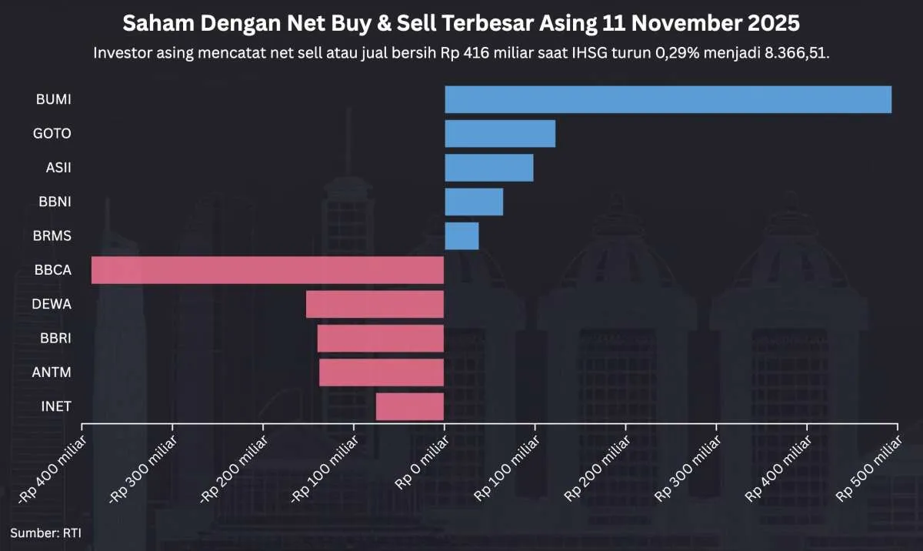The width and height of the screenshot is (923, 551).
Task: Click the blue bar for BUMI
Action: point(668,99)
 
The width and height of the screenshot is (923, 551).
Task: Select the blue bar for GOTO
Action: point(500,134)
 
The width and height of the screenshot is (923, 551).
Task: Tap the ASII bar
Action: point(489,168)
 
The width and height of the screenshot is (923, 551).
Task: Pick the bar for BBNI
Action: point(474,202)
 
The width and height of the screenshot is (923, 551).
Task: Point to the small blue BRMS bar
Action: point(461,235)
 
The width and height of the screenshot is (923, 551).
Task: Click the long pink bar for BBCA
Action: point(268,270)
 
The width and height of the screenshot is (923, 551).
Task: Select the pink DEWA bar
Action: point(375,304)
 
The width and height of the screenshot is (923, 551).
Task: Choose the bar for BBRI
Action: point(381,339)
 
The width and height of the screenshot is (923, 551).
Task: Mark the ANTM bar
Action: point(382,372)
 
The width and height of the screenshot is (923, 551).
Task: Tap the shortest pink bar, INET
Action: point(410,406)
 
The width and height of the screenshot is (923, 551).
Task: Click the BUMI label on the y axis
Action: point(53,99)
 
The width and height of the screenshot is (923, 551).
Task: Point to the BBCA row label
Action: point(52,270)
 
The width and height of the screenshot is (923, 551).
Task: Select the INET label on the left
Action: point(55,406)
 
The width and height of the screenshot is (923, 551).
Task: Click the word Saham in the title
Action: point(154,24)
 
